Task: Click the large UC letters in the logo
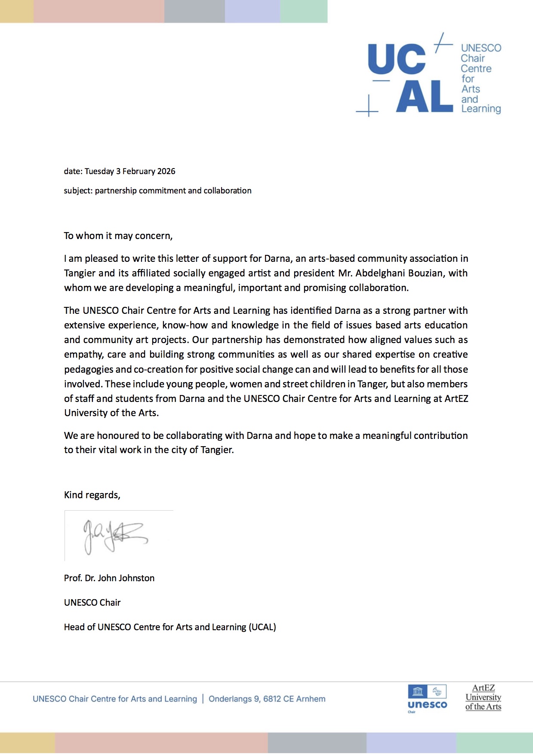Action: click(397, 59)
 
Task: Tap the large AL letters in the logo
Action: click(424, 97)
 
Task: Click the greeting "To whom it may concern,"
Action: click(118, 236)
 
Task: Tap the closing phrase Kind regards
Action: click(92, 495)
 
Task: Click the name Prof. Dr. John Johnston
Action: click(109, 578)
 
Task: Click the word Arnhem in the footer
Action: click(311, 699)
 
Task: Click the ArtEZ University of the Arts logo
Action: click(483, 697)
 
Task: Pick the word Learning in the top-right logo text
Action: click(481, 109)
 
